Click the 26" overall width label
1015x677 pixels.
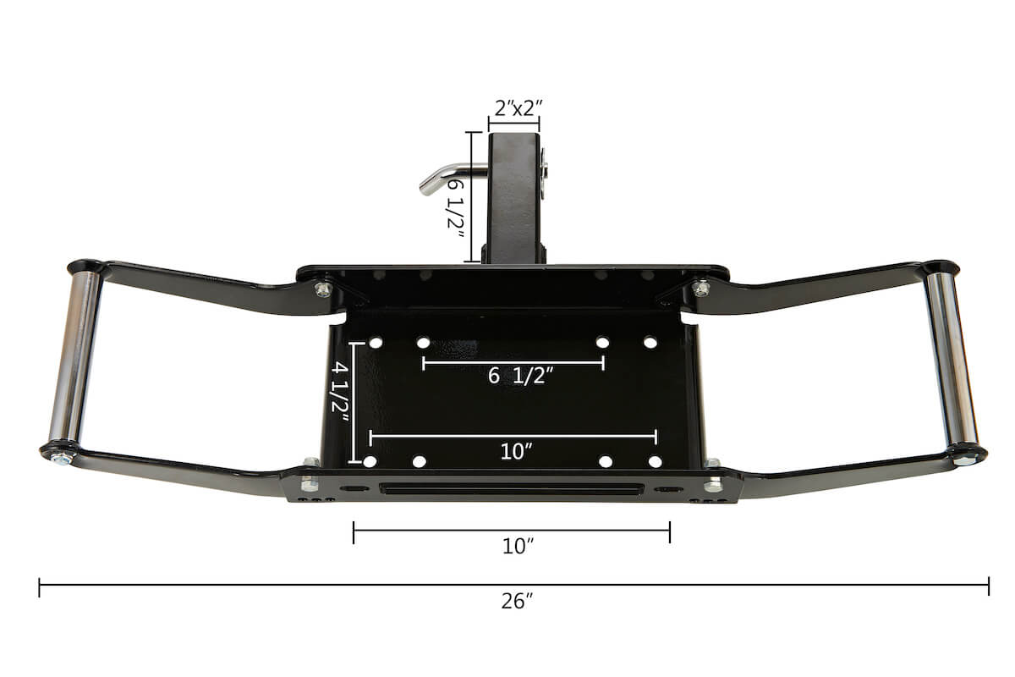pos(515,602)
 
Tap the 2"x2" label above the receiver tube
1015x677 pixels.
pos(517,107)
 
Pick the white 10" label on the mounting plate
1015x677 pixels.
pos(513,451)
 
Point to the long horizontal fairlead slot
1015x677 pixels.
pos(511,489)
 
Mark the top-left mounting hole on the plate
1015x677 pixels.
pos(376,343)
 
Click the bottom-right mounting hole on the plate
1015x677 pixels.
pos(655,462)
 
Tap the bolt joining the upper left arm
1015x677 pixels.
pos(322,289)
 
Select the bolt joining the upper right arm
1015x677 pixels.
pos(700,289)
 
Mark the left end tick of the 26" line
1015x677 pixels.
pos(40,586)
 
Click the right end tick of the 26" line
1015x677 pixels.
pos(988,586)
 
